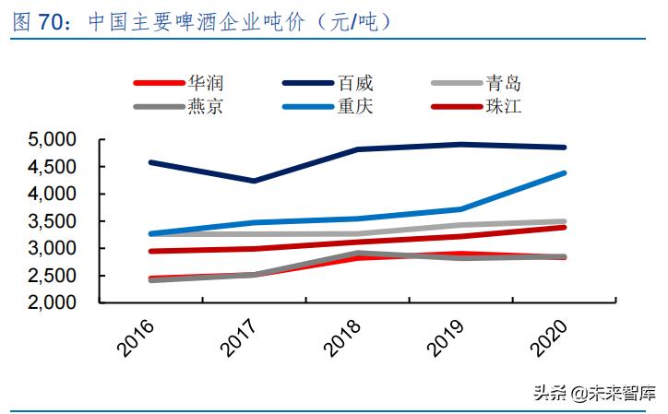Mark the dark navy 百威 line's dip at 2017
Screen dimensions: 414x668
coord(254,181)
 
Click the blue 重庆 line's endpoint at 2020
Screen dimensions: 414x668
coord(566,172)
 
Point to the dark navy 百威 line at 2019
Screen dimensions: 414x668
coord(461,144)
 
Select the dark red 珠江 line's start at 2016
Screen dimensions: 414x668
coord(149,251)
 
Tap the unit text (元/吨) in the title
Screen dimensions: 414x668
coord(355,22)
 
